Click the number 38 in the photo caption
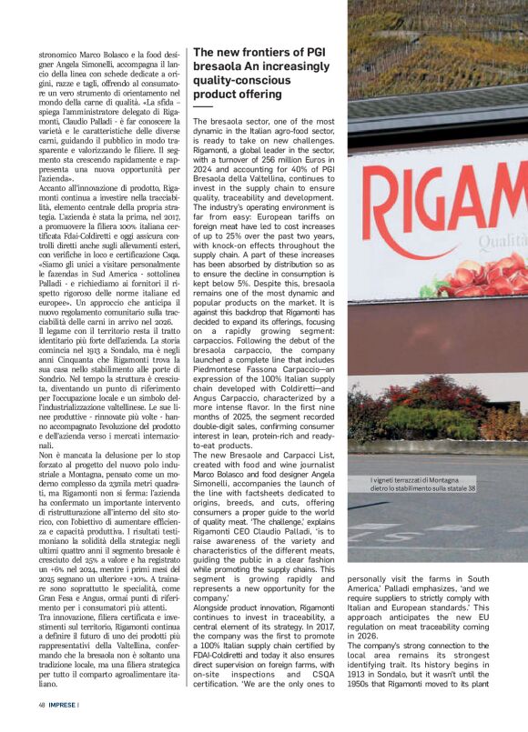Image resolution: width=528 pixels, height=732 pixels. pos(471,488)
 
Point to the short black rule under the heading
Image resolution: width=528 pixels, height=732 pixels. pos(203,106)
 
